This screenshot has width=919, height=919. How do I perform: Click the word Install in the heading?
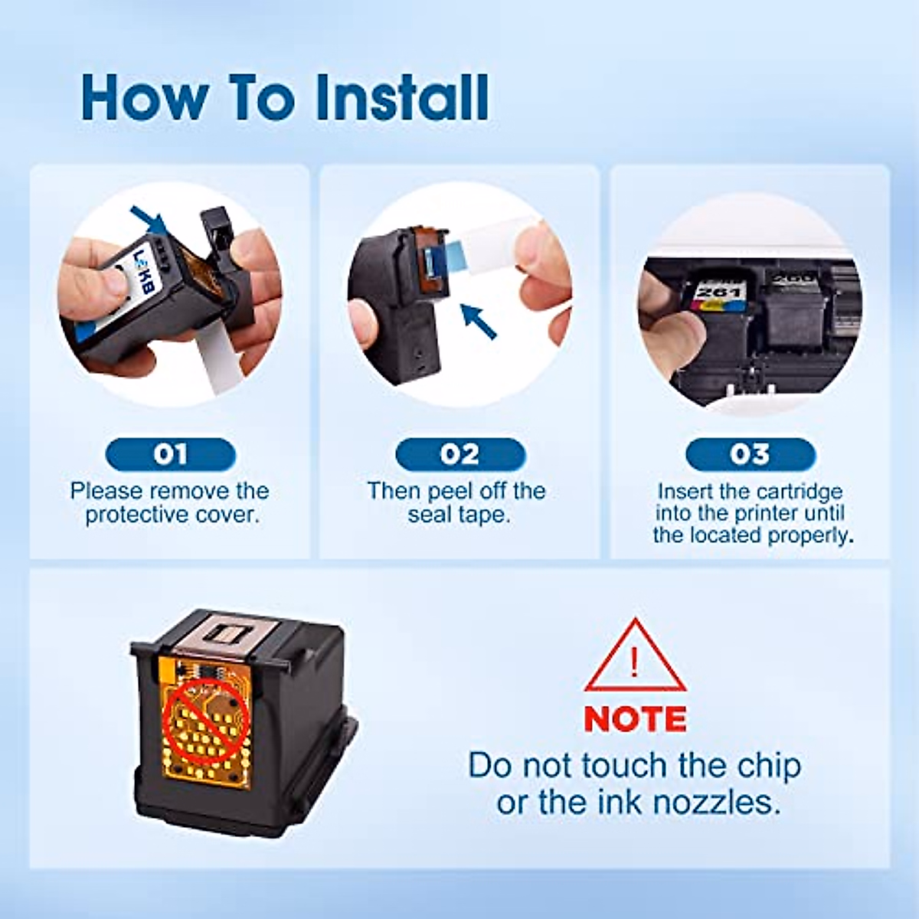[402, 97]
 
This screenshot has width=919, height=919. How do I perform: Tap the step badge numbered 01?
[170, 455]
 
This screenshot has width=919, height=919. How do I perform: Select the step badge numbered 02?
[459, 455]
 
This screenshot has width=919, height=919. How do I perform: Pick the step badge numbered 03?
[750, 455]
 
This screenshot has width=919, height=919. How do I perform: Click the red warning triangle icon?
[635, 658]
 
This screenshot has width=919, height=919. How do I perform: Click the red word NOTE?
[635, 719]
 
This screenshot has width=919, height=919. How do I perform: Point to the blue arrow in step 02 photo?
[479, 321]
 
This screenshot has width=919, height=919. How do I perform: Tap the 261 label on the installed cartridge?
[721, 293]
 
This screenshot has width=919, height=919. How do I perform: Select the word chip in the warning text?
[769, 765]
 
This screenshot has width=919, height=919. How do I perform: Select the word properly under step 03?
[812, 535]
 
